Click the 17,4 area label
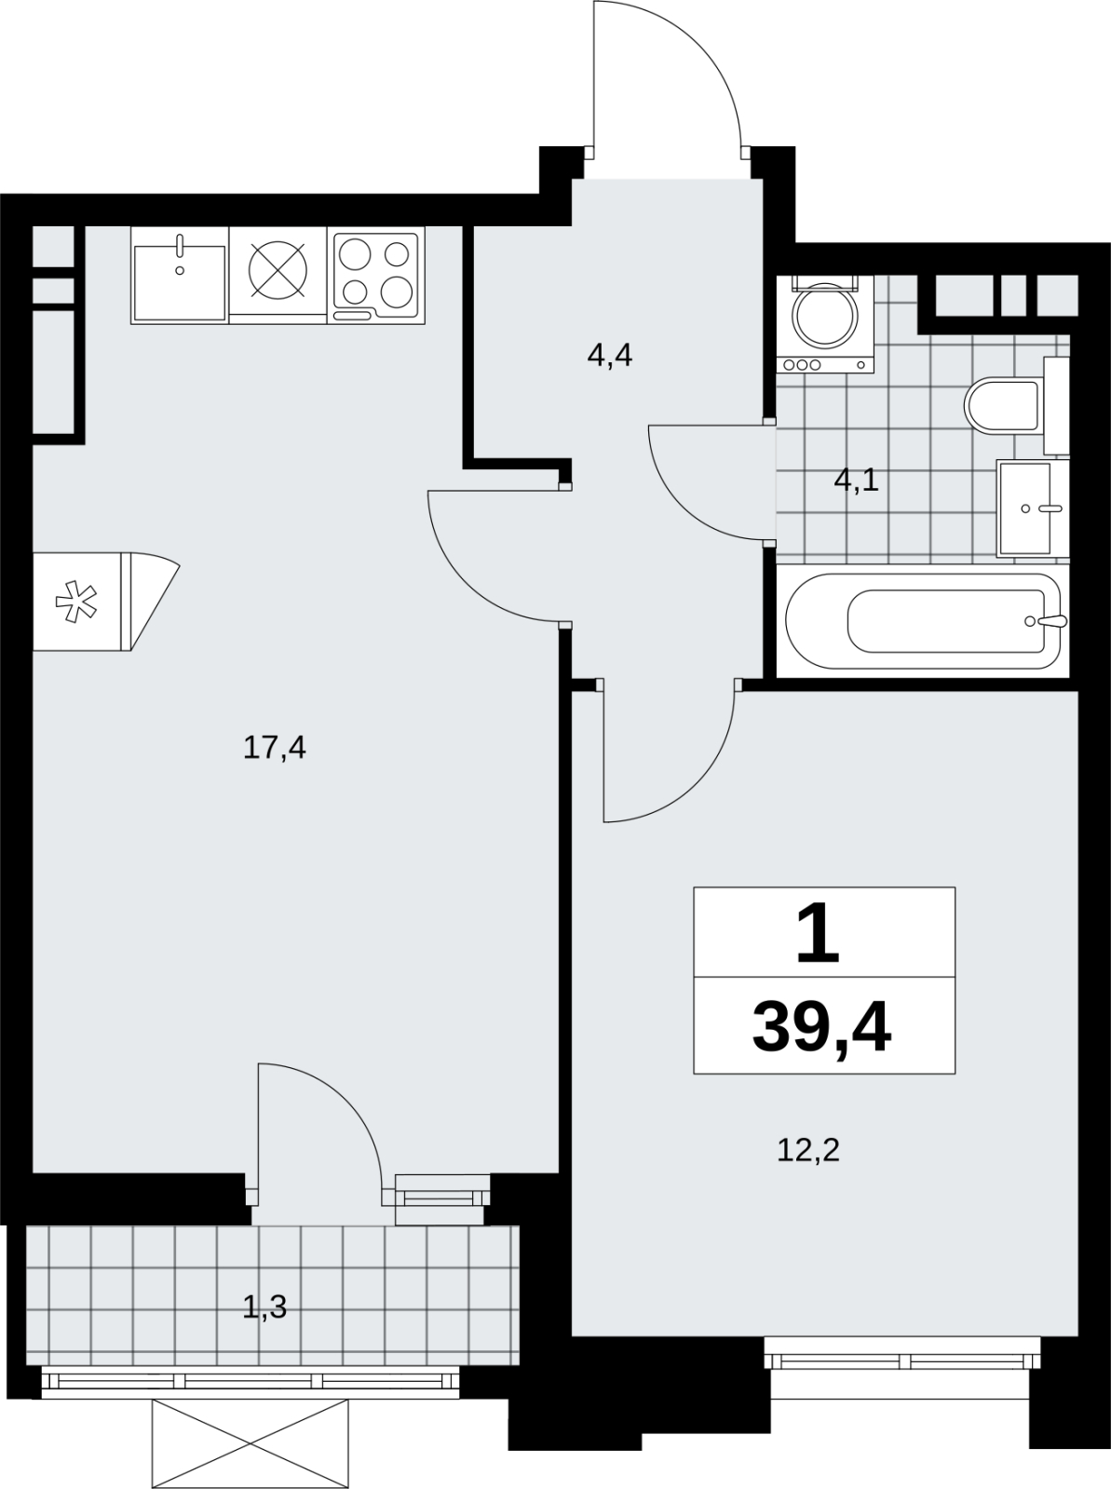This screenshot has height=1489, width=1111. [x=275, y=749]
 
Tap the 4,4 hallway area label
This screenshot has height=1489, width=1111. [x=610, y=356]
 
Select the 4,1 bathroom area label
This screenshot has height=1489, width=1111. [x=856, y=481]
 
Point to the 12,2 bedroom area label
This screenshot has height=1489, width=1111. [x=808, y=1151]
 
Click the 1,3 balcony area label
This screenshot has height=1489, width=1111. [x=264, y=1307]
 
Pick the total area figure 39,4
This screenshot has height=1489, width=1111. [x=821, y=1031]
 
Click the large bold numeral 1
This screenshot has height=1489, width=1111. [x=819, y=933]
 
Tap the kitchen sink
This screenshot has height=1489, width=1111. [x=180, y=276]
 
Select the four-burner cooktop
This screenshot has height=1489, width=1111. [x=376, y=276]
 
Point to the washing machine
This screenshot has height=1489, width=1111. [x=826, y=323]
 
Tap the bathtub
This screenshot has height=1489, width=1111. [x=923, y=621]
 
